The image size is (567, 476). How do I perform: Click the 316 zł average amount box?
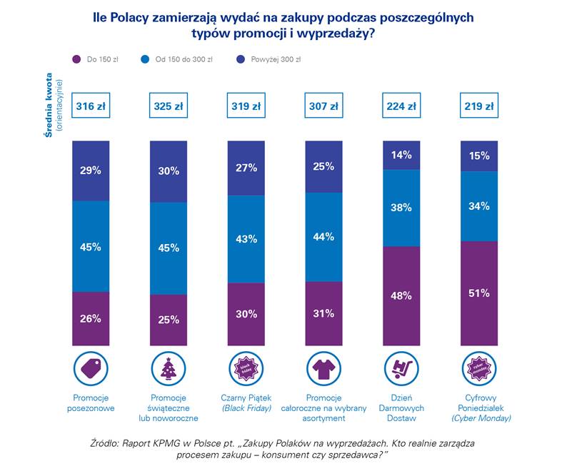coord(91,107)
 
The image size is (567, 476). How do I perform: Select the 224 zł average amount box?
coord(401,107)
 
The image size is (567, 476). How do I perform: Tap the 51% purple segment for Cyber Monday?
coord(479,293)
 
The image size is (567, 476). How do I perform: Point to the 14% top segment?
coord(401,155)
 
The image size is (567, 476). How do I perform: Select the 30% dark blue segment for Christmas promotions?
coord(168,171)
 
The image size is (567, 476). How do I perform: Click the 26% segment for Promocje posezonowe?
coord(91,318)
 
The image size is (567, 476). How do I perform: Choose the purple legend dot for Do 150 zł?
coord(76,59)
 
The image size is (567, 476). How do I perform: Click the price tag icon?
coord(91,368)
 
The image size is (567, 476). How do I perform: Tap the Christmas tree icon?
coord(168,368)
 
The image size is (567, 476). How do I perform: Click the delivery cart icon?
coord(401,368)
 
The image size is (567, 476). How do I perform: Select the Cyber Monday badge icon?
coord(479,368)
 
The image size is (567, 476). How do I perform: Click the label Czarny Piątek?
coord(246,397)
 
